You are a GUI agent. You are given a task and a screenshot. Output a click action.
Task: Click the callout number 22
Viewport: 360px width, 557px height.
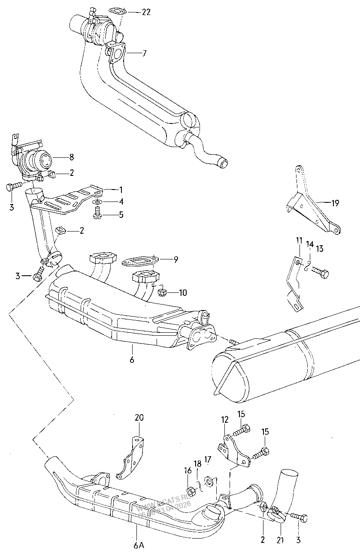click(146, 12)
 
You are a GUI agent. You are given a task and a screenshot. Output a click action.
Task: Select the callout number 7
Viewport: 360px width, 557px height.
click(144, 54)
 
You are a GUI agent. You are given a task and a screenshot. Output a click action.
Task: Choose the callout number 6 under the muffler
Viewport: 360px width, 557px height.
click(132, 359)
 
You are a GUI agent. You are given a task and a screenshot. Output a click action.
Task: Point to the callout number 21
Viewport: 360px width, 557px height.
click(280, 541)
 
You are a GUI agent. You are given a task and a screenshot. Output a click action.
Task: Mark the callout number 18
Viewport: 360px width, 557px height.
click(197, 464)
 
